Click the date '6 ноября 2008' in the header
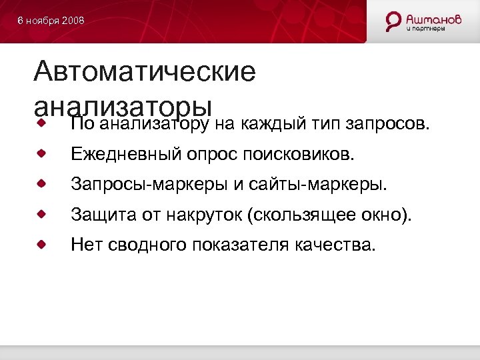click(x=51, y=21)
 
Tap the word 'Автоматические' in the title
click(x=145, y=71)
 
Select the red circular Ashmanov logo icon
click(x=394, y=21)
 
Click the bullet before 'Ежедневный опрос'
click(x=41, y=154)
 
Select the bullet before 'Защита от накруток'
click(x=41, y=214)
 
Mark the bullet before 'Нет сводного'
click(x=41, y=244)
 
